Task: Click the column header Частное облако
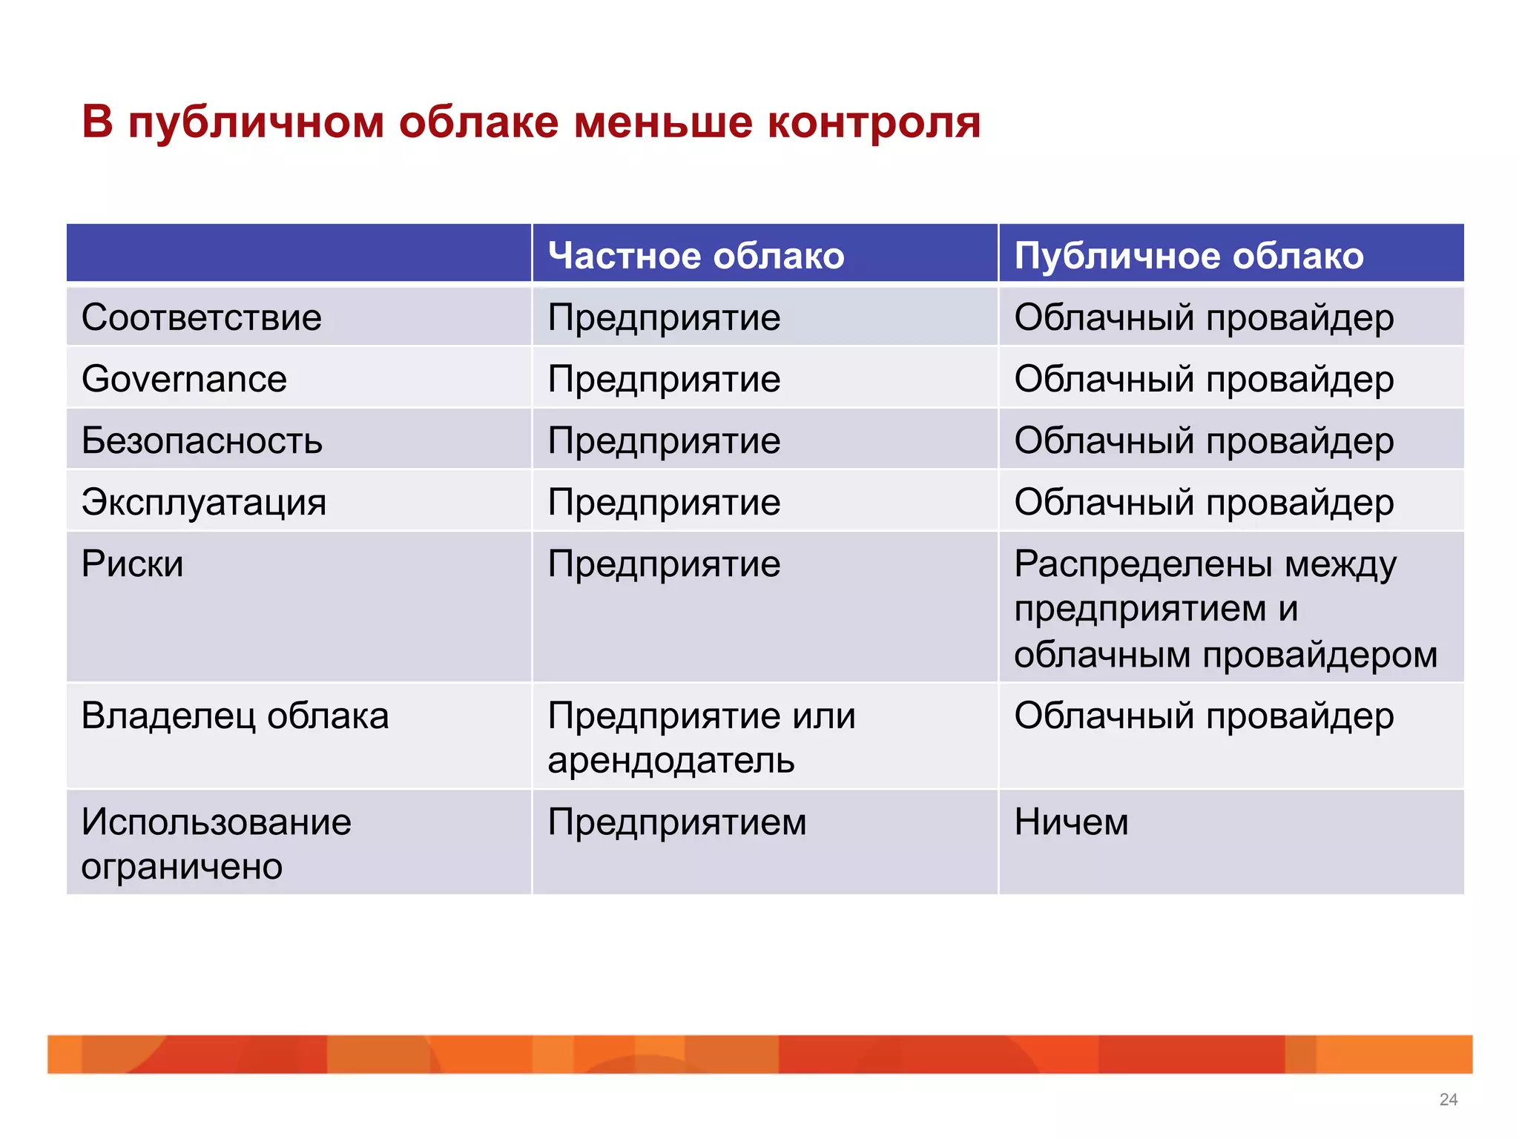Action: [x=696, y=256]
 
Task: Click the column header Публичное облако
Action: [x=1188, y=256]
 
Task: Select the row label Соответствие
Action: [x=202, y=318]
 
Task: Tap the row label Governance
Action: [x=184, y=380]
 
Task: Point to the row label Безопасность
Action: [x=202, y=441]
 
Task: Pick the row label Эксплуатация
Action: [x=204, y=503]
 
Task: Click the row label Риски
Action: [x=133, y=564]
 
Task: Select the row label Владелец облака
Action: [x=235, y=716]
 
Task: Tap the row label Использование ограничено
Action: [x=215, y=844]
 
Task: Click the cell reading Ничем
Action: [x=1071, y=822]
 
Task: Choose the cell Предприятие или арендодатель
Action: [x=701, y=738]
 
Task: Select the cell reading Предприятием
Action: [x=676, y=822]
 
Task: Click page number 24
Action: [x=1448, y=1100]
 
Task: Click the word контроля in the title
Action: [x=874, y=122]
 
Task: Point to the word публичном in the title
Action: [x=256, y=123]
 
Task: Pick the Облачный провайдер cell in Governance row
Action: [x=1203, y=380]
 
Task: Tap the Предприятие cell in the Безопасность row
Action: [x=664, y=441]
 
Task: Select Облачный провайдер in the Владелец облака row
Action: [x=1203, y=716]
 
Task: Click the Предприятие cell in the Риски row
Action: [x=664, y=564]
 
